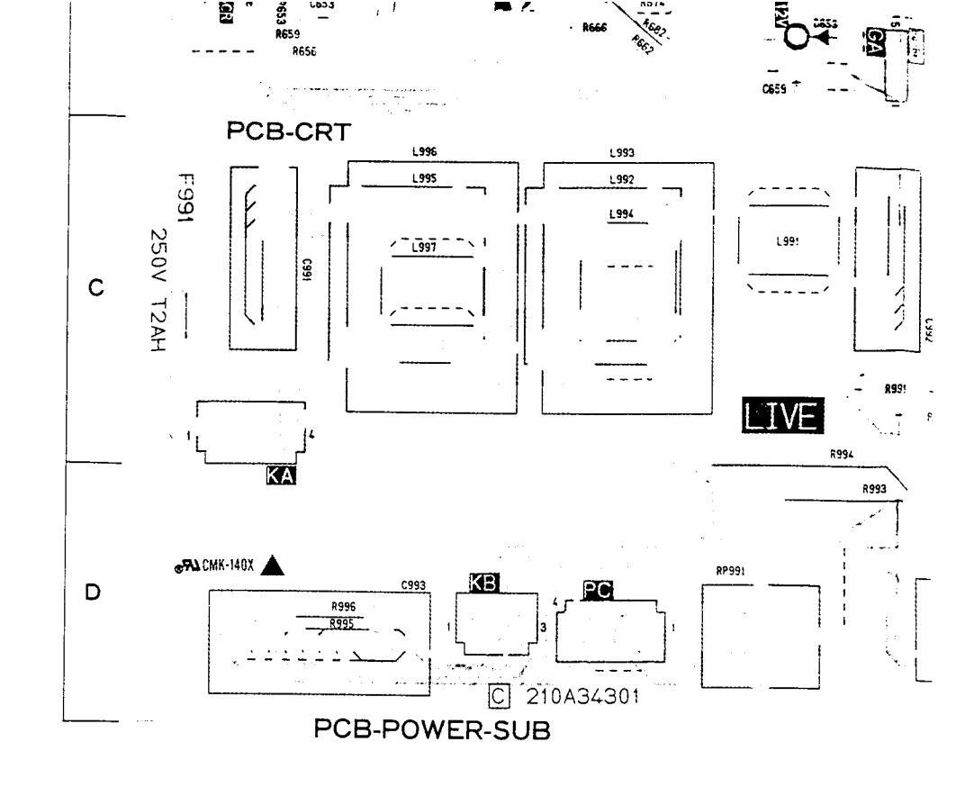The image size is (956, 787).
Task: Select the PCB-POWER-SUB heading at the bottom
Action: point(430,731)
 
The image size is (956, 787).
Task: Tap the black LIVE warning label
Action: point(782,416)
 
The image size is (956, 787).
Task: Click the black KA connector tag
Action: point(281,475)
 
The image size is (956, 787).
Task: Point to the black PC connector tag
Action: point(598,590)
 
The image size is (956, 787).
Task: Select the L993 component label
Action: point(622,154)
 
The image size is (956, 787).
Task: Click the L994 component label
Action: point(622,214)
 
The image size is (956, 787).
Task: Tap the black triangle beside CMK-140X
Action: point(273,565)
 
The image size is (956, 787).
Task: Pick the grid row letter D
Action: point(92,593)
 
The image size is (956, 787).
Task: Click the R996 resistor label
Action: point(343,606)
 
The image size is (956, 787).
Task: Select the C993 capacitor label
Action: point(413,586)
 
